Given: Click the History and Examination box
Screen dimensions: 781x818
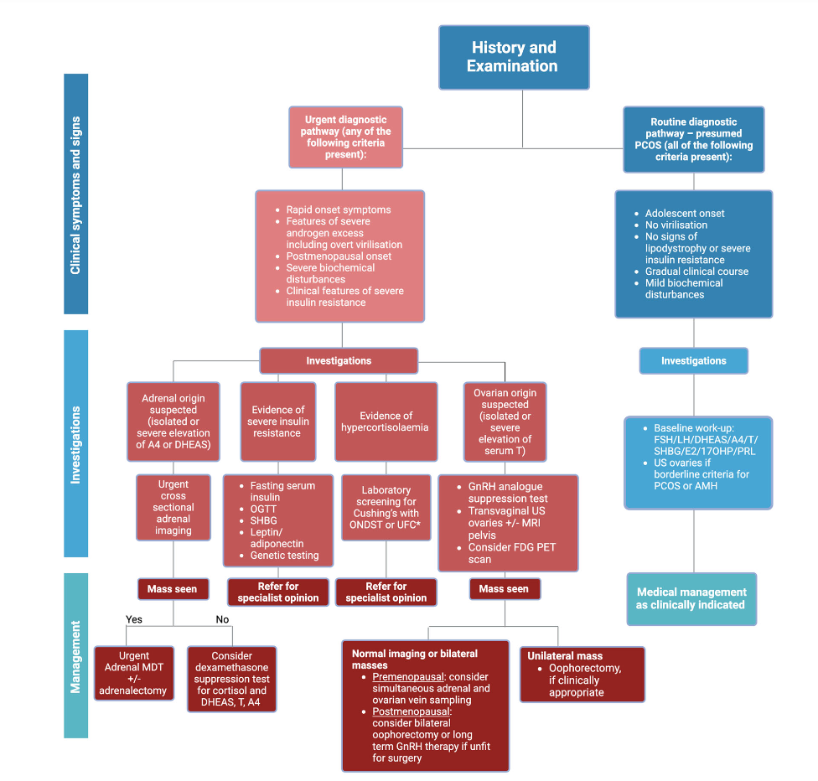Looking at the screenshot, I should click(514, 57).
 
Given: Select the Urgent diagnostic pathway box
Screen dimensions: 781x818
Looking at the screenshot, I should click(345, 137).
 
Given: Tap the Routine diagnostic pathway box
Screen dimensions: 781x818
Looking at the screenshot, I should click(693, 139).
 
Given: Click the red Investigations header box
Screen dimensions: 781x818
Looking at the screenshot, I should click(339, 360).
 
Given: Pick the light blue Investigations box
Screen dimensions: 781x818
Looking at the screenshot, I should click(693, 360).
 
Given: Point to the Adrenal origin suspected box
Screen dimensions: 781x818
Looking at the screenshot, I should click(173, 422).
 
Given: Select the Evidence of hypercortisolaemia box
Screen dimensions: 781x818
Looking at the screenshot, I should click(386, 422).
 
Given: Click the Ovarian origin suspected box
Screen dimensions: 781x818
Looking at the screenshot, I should click(505, 422).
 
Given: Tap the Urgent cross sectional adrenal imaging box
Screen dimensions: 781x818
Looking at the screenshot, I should click(173, 507).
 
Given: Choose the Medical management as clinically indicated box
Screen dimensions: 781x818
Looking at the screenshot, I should click(691, 598).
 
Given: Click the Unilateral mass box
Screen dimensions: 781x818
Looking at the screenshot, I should click(583, 674).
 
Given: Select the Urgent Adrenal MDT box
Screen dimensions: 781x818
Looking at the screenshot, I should click(134, 674).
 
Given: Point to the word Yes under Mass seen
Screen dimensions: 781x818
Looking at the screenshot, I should click(134, 619).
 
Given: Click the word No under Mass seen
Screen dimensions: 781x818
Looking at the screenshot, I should click(222, 619).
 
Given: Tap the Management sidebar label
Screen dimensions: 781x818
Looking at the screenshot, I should click(75, 656).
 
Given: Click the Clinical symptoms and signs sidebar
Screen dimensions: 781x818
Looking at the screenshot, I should click(75, 194).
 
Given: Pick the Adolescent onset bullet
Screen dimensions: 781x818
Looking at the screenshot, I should click(685, 213).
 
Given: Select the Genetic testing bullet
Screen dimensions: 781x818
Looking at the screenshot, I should click(284, 556).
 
